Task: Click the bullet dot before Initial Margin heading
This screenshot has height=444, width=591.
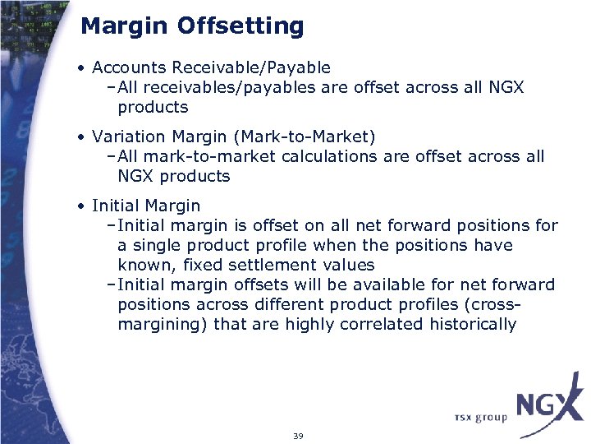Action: (84, 206)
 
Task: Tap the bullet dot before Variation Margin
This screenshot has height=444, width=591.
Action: (84, 136)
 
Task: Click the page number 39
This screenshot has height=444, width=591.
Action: (298, 436)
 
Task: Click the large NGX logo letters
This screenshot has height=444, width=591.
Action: (548, 405)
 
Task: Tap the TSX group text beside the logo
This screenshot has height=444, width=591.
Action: (480, 417)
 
